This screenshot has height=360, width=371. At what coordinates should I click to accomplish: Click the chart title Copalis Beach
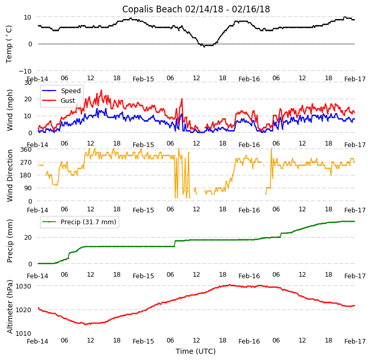[196, 9]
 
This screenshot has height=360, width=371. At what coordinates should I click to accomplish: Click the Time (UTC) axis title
[196, 351]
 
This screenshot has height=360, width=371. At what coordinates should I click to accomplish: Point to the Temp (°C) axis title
[9, 44]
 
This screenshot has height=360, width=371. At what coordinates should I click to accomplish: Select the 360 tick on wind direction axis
[26, 150]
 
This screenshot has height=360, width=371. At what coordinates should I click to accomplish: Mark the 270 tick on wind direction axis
[26, 163]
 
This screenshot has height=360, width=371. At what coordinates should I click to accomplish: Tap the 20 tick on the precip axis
[28, 238]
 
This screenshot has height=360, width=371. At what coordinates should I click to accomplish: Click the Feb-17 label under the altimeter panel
[355, 341]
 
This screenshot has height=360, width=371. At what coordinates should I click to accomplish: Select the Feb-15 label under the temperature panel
[143, 79]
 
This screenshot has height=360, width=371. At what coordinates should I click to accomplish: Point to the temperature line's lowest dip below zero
[204, 47]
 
